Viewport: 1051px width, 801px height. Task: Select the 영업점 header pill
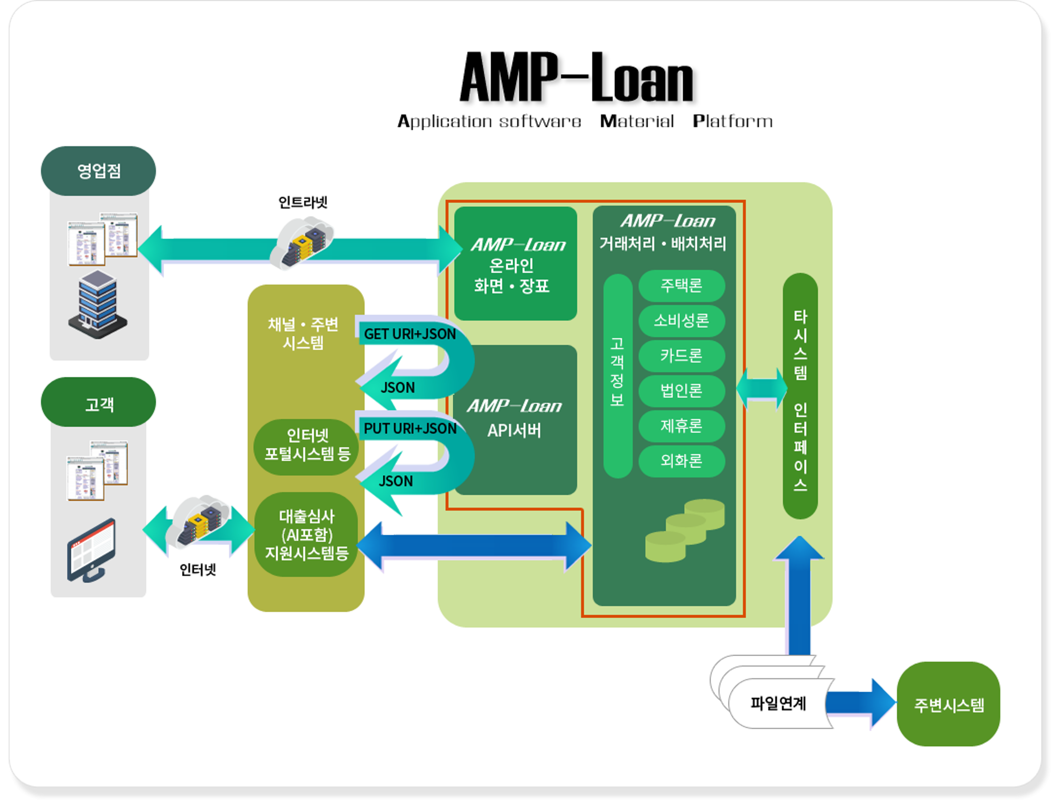click(x=98, y=171)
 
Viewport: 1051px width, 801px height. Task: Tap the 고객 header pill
click(x=98, y=402)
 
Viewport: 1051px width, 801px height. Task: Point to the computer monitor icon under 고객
click(x=92, y=551)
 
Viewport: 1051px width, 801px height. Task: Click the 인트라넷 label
click(x=303, y=202)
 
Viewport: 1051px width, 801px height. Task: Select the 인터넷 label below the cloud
click(x=198, y=569)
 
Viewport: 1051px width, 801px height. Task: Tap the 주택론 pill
click(x=682, y=285)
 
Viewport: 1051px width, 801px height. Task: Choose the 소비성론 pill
click(x=682, y=320)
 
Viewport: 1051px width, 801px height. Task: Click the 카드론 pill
click(x=682, y=356)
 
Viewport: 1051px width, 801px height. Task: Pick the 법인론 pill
click(x=682, y=391)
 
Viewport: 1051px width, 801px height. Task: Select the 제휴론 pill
click(x=682, y=426)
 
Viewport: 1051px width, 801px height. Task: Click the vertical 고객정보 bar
click(x=617, y=376)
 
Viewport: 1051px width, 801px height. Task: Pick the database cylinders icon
click(x=685, y=530)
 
